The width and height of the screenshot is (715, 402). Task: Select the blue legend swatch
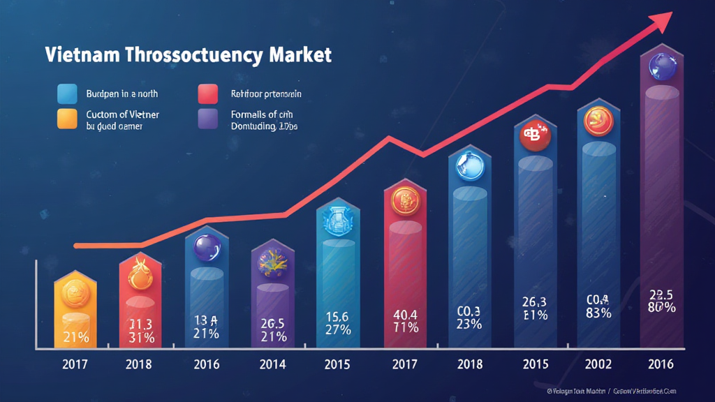67,94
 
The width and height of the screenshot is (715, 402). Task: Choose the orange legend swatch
67,119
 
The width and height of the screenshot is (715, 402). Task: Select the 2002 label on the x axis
598,364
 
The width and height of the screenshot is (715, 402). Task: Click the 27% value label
337,329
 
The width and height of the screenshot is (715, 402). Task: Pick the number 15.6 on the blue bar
337,315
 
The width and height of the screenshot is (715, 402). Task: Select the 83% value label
598,313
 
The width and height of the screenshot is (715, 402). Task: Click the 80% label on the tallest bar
661,308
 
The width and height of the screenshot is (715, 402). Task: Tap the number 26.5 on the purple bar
272,323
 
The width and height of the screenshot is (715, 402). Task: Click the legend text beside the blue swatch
122,94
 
